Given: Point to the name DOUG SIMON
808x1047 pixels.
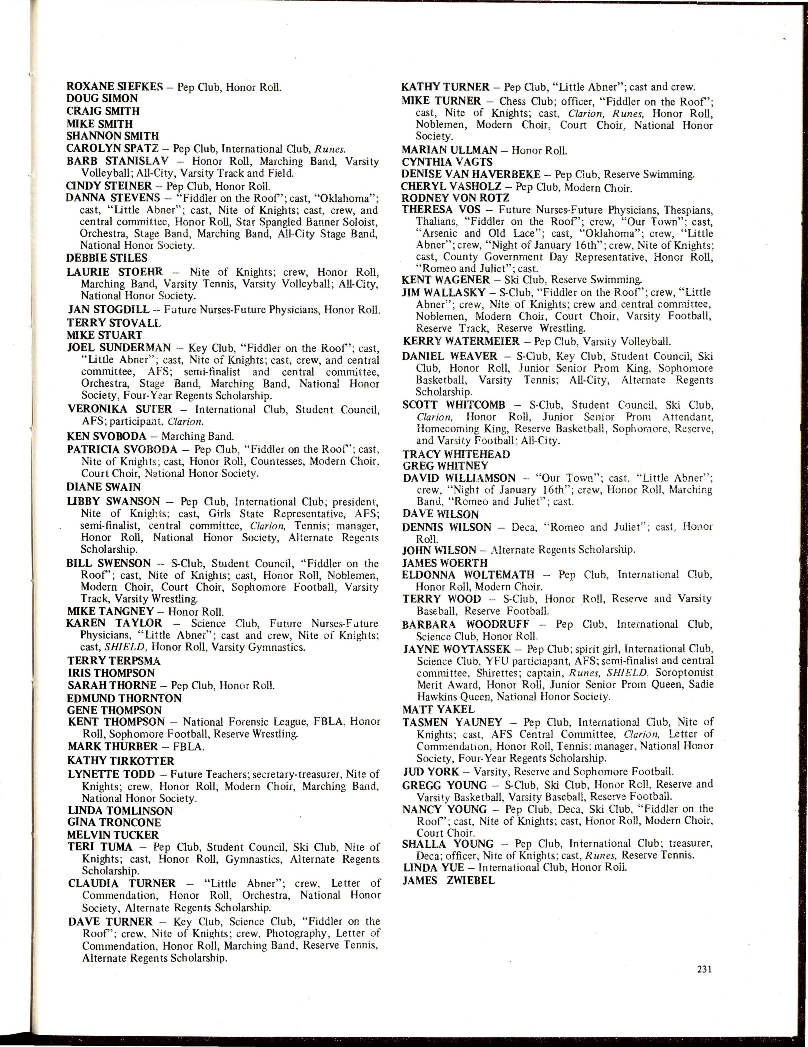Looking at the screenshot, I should (102, 99).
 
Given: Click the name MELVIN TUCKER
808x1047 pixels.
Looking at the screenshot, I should (113, 835).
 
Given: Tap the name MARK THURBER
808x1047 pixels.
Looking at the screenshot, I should (113, 746).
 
